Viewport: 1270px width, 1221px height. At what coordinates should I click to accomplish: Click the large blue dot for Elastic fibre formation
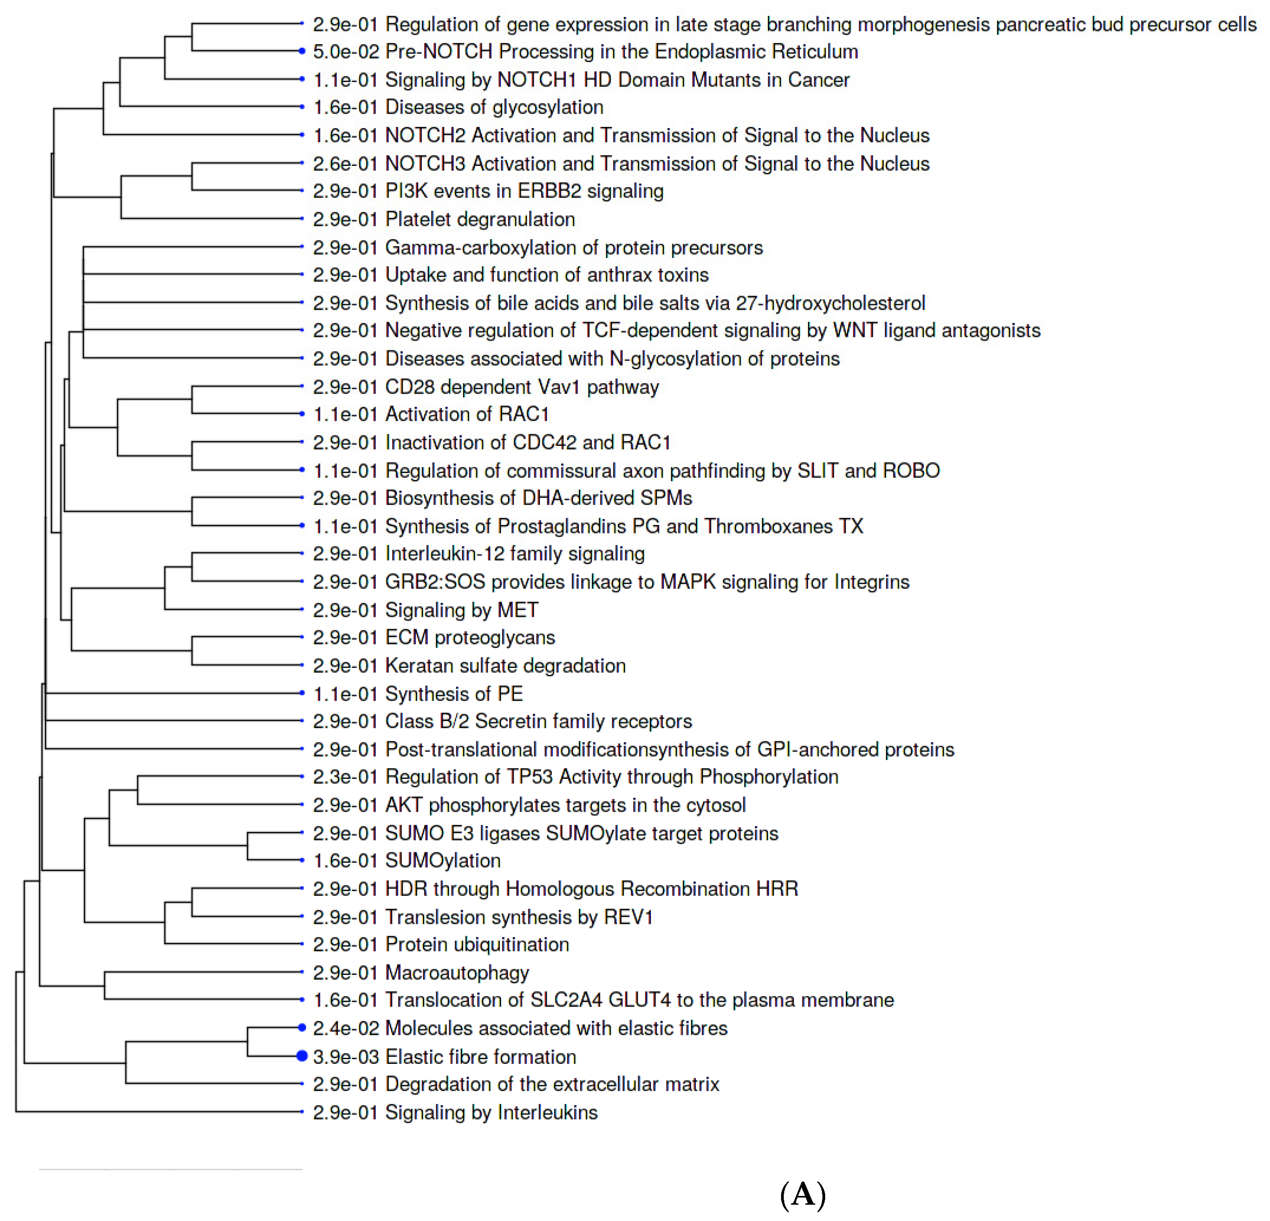coord(301,1056)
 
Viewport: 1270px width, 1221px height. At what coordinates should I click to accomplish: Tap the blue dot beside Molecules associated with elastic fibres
coord(301,1027)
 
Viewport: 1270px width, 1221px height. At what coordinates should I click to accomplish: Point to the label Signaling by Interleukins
coord(491,1112)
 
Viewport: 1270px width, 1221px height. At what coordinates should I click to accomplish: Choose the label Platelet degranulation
coord(479,219)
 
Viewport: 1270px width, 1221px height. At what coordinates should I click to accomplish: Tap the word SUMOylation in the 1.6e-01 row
coord(442,860)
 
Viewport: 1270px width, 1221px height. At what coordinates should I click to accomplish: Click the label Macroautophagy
coord(457,972)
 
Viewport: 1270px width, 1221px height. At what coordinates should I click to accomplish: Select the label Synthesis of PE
coord(454,694)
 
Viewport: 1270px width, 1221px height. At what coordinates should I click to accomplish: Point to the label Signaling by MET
coord(462,610)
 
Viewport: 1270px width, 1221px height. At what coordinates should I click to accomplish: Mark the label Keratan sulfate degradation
coord(505,666)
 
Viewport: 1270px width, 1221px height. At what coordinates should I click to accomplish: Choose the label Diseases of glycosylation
coord(494,107)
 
